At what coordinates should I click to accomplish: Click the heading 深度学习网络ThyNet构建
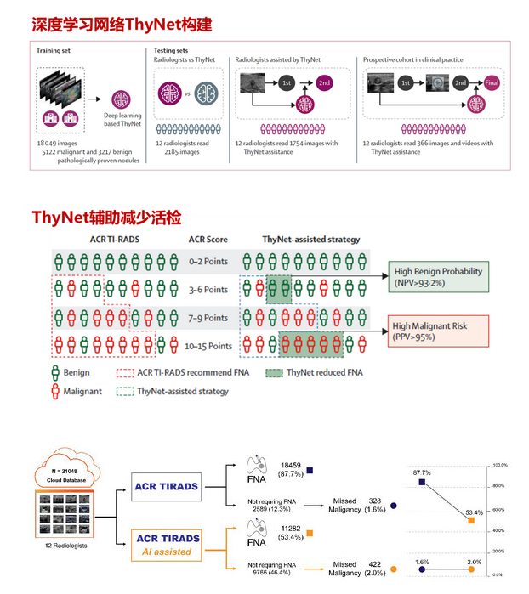pyautogui.click(x=122, y=25)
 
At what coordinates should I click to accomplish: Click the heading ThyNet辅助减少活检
pyautogui.click(x=106, y=218)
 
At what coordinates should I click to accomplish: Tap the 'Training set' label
pyautogui.click(x=55, y=51)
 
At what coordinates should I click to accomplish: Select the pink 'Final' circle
pyautogui.click(x=492, y=83)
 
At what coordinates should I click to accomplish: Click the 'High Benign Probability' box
pyautogui.click(x=439, y=276)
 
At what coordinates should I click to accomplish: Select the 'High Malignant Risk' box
pyautogui.click(x=439, y=331)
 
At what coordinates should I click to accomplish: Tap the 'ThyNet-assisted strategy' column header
pyautogui.click(x=310, y=240)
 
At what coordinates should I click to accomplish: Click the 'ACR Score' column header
pyautogui.click(x=208, y=240)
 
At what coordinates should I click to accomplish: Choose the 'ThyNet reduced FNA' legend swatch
pyautogui.click(x=275, y=371)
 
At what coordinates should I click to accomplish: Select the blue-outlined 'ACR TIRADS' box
pyautogui.click(x=167, y=487)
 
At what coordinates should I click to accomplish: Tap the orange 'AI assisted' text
pyautogui.click(x=167, y=552)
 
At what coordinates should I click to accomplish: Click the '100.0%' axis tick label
pyautogui.click(x=499, y=466)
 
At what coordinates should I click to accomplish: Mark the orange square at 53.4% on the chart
pyautogui.click(x=472, y=519)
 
